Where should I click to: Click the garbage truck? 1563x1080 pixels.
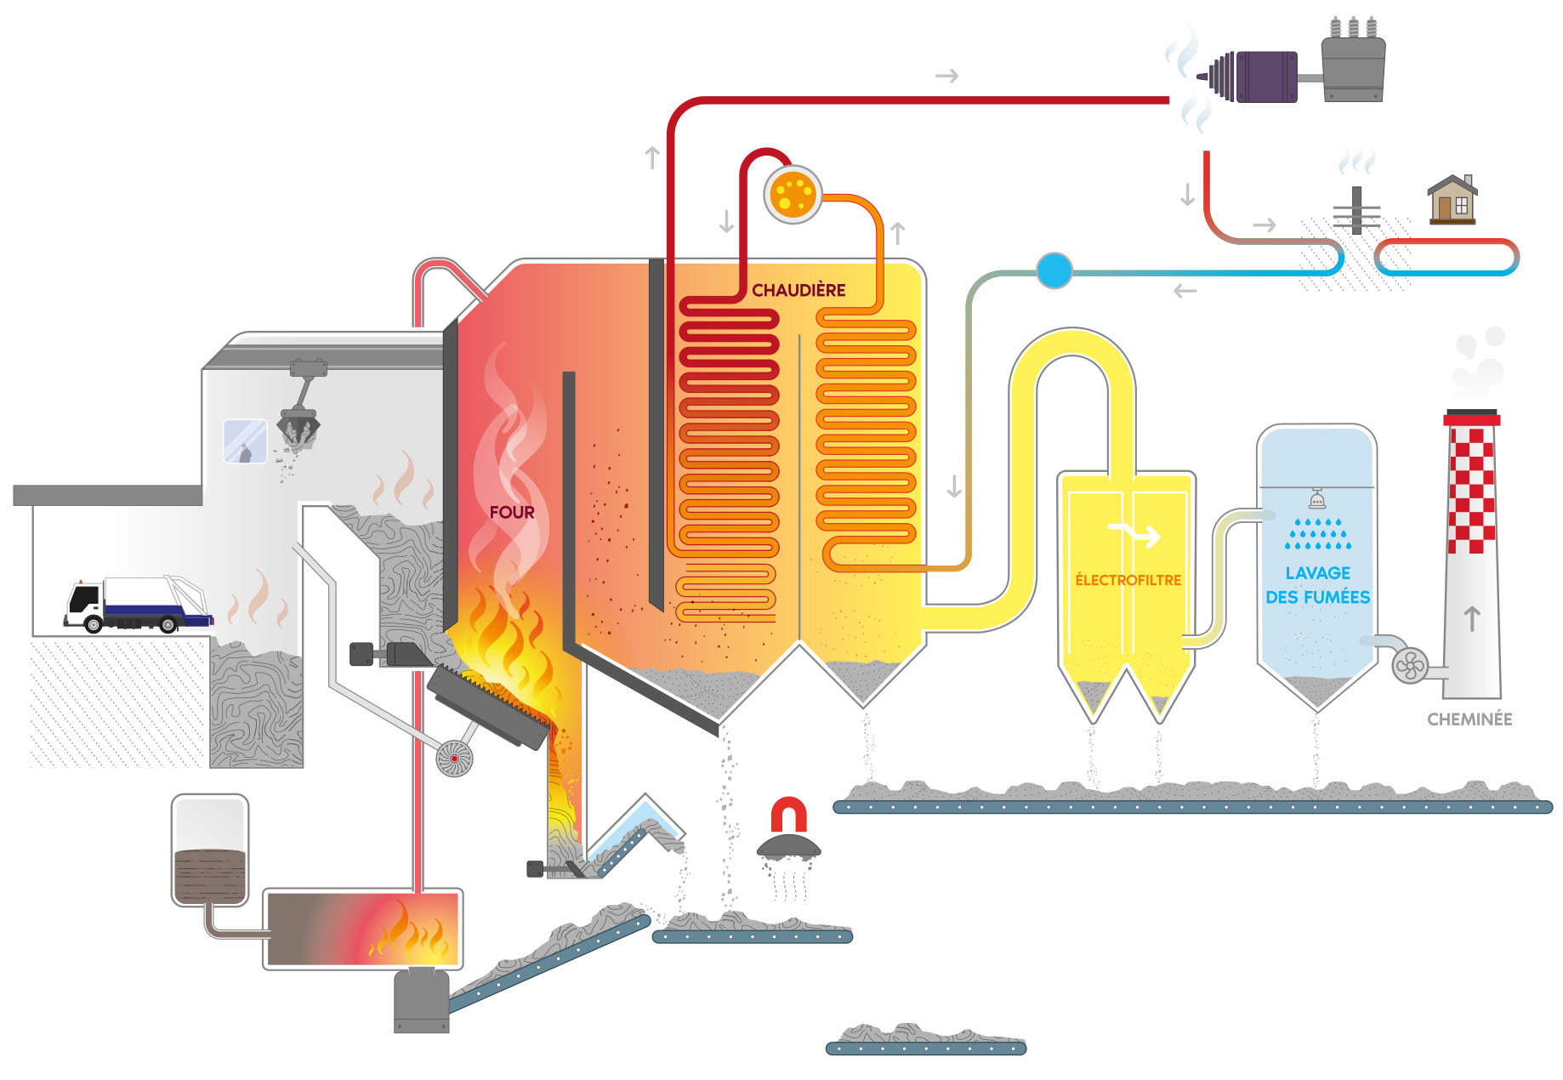click(x=136, y=605)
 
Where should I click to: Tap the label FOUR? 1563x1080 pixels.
click(x=512, y=513)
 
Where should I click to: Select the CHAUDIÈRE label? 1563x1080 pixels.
click(x=799, y=290)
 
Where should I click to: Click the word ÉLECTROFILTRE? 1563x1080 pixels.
click(x=1128, y=580)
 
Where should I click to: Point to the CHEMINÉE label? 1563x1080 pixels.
click(x=1469, y=719)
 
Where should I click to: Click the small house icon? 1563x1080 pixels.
click(x=1452, y=200)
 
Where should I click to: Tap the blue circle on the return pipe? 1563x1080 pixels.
click(x=1054, y=270)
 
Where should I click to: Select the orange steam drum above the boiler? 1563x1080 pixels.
click(x=793, y=195)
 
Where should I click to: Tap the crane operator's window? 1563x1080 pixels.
click(x=245, y=441)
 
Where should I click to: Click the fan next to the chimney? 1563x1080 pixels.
click(x=1409, y=665)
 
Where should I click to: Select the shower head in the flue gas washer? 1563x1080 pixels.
click(x=1317, y=498)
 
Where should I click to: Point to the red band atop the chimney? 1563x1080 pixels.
click(x=1472, y=419)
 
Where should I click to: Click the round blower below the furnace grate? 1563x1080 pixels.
click(x=454, y=758)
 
